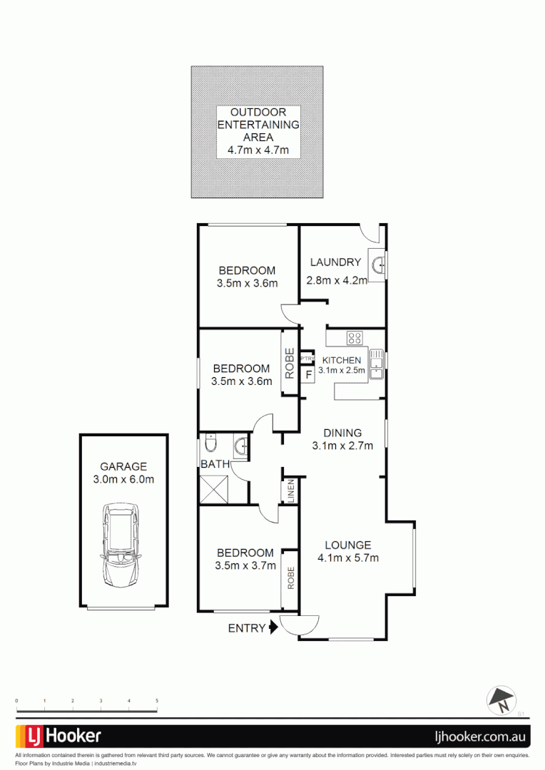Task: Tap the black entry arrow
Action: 272,628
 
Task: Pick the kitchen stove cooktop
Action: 355,338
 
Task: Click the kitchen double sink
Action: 376,362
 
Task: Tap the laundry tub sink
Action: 377,265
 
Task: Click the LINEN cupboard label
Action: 290,491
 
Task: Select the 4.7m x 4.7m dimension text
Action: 258,150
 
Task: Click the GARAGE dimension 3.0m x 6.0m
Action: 123,479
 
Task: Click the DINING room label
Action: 342,433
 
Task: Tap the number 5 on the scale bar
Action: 156,702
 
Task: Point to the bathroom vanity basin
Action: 240,446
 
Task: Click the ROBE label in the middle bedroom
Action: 290,364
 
